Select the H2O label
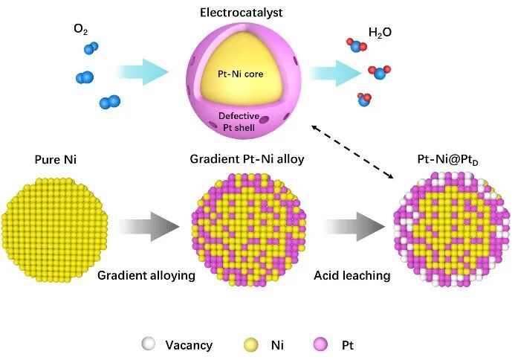point(380,32)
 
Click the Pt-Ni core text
point(240,74)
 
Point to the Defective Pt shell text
point(239,122)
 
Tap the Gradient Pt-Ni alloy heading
point(236,160)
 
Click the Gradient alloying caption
point(146,276)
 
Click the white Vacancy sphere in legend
point(149,344)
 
